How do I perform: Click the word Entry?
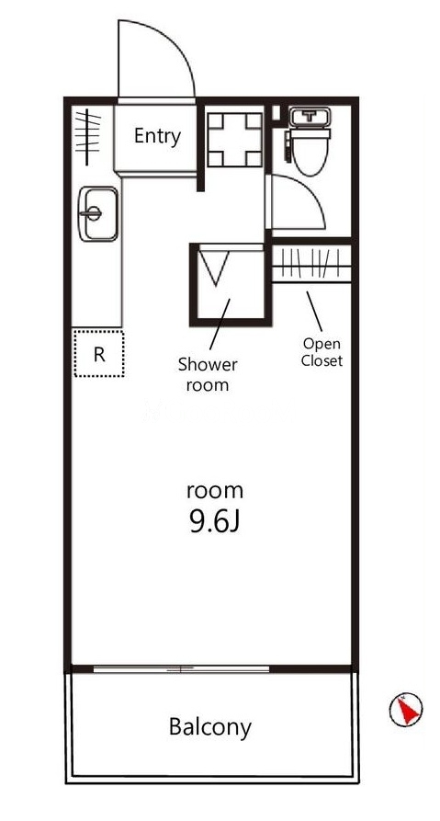coord(157,136)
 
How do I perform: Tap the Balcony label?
coord(209,726)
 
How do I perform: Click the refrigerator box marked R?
coord(99,353)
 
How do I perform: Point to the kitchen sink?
coord(98,213)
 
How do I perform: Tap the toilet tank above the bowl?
coord(310,117)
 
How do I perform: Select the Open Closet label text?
coord(322,352)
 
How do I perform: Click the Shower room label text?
coord(208,374)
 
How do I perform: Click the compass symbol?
coord(406,710)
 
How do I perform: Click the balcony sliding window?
coord(181,668)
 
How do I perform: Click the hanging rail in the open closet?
coord(311,266)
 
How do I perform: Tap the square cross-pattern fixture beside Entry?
coord(235,139)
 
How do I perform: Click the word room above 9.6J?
coord(215,491)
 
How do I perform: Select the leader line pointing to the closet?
coord(314,311)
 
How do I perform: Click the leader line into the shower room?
coord(220,325)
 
